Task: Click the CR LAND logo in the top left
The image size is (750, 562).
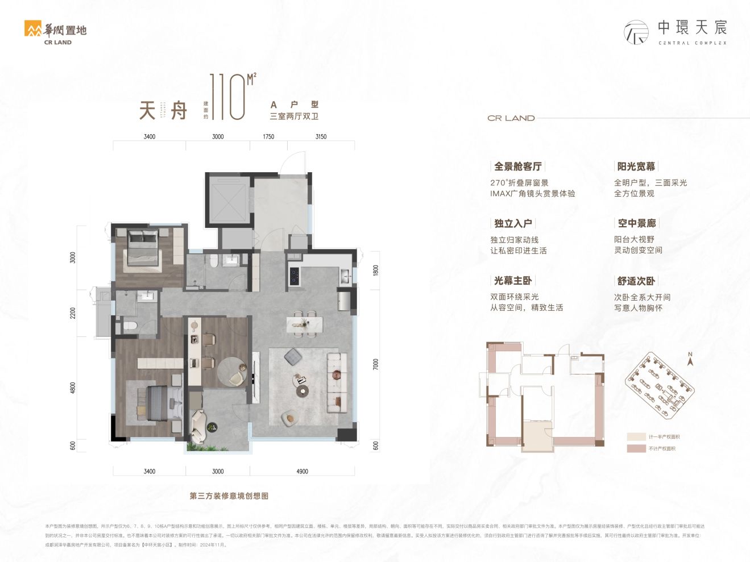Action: tap(56, 32)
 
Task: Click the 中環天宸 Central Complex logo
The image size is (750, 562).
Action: tap(676, 32)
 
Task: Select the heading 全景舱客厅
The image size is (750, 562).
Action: tap(517, 166)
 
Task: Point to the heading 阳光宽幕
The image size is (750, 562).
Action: tap(636, 166)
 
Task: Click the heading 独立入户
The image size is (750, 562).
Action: tap(513, 223)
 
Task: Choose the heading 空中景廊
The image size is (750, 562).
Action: tap(637, 223)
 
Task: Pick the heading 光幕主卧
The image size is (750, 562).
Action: tap(513, 281)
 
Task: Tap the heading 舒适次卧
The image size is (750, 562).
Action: tap(636, 281)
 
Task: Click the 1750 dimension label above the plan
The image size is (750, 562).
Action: tap(268, 136)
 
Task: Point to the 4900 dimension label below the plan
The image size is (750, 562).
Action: tap(302, 471)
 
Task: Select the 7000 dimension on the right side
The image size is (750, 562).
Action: tap(375, 364)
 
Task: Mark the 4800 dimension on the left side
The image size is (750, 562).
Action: tap(73, 388)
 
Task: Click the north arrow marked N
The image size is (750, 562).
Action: tap(690, 359)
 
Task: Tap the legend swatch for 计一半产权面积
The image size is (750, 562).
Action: tap(636, 436)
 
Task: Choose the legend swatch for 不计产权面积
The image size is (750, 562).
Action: tap(636, 448)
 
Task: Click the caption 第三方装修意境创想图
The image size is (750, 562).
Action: tap(229, 496)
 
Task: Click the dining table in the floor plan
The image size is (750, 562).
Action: tap(305, 324)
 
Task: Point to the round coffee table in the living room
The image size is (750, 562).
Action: tap(303, 390)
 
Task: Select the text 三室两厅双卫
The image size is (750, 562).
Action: tap(294, 116)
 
